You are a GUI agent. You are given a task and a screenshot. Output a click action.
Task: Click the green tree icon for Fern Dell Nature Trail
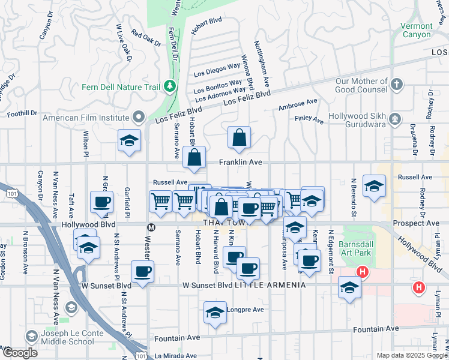pos(170,86)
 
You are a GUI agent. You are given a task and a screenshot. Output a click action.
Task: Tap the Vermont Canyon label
pos(417,30)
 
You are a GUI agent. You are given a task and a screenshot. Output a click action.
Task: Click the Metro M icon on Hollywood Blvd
pos(151,227)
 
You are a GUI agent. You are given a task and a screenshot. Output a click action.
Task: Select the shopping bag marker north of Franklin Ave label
pos(240,138)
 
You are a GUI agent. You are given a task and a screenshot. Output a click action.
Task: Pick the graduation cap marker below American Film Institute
pos(129,142)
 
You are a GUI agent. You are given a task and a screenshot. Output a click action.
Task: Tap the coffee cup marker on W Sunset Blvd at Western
pos(143,272)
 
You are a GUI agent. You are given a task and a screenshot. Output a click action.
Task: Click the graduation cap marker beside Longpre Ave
pos(215,313)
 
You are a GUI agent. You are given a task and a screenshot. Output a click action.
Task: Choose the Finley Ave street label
pos(309,121)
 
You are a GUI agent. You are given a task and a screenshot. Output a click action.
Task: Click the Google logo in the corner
pos(20,353)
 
